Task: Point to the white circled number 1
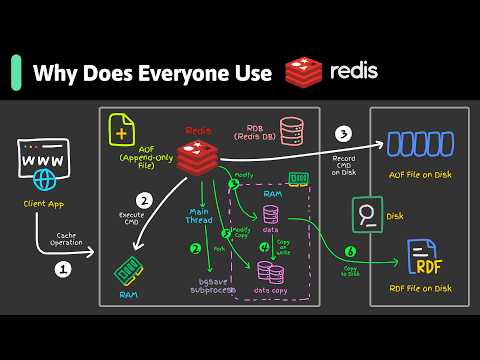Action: [62, 269]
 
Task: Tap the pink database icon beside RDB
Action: [291, 131]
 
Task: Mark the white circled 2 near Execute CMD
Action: [144, 199]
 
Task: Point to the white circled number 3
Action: [344, 134]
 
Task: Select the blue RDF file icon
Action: [424, 259]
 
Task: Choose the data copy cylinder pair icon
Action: [269, 273]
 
